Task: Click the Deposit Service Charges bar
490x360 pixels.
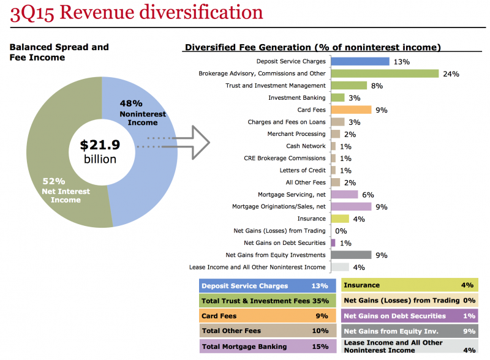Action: (x=360, y=61)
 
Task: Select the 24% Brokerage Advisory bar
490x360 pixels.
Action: (x=385, y=73)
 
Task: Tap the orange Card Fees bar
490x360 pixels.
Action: (x=351, y=110)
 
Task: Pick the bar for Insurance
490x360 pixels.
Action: (x=340, y=219)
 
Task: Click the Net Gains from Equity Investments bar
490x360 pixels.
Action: (x=351, y=255)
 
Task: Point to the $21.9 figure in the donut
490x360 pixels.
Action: (x=100, y=145)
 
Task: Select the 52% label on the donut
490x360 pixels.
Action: (x=54, y=181)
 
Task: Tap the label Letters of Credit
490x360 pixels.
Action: (x=303, y=170)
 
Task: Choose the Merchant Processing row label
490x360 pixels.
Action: (x=296, y=134)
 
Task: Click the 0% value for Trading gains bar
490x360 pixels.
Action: (x=341, y=231)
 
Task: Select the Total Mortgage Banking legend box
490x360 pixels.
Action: (x=268, y=347)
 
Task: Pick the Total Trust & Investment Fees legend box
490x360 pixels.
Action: (x=268, y=301)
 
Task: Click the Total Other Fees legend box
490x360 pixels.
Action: (x=268, y=331)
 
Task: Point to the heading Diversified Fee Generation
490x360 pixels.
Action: (x=312, y=47)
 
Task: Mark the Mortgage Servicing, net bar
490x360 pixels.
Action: (x=344, y=195)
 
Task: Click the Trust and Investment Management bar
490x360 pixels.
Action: (x=349, y=86)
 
